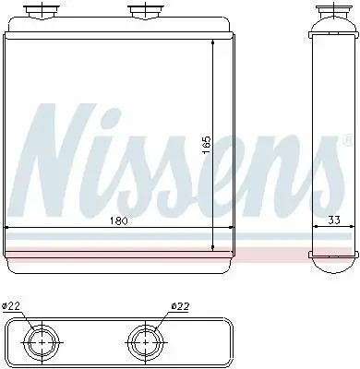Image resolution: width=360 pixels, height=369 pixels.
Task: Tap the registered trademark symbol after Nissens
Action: (346, 141)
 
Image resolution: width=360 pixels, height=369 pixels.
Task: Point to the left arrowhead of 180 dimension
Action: (7, 228)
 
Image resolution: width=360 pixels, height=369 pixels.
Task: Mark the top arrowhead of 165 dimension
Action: (214, 46)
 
